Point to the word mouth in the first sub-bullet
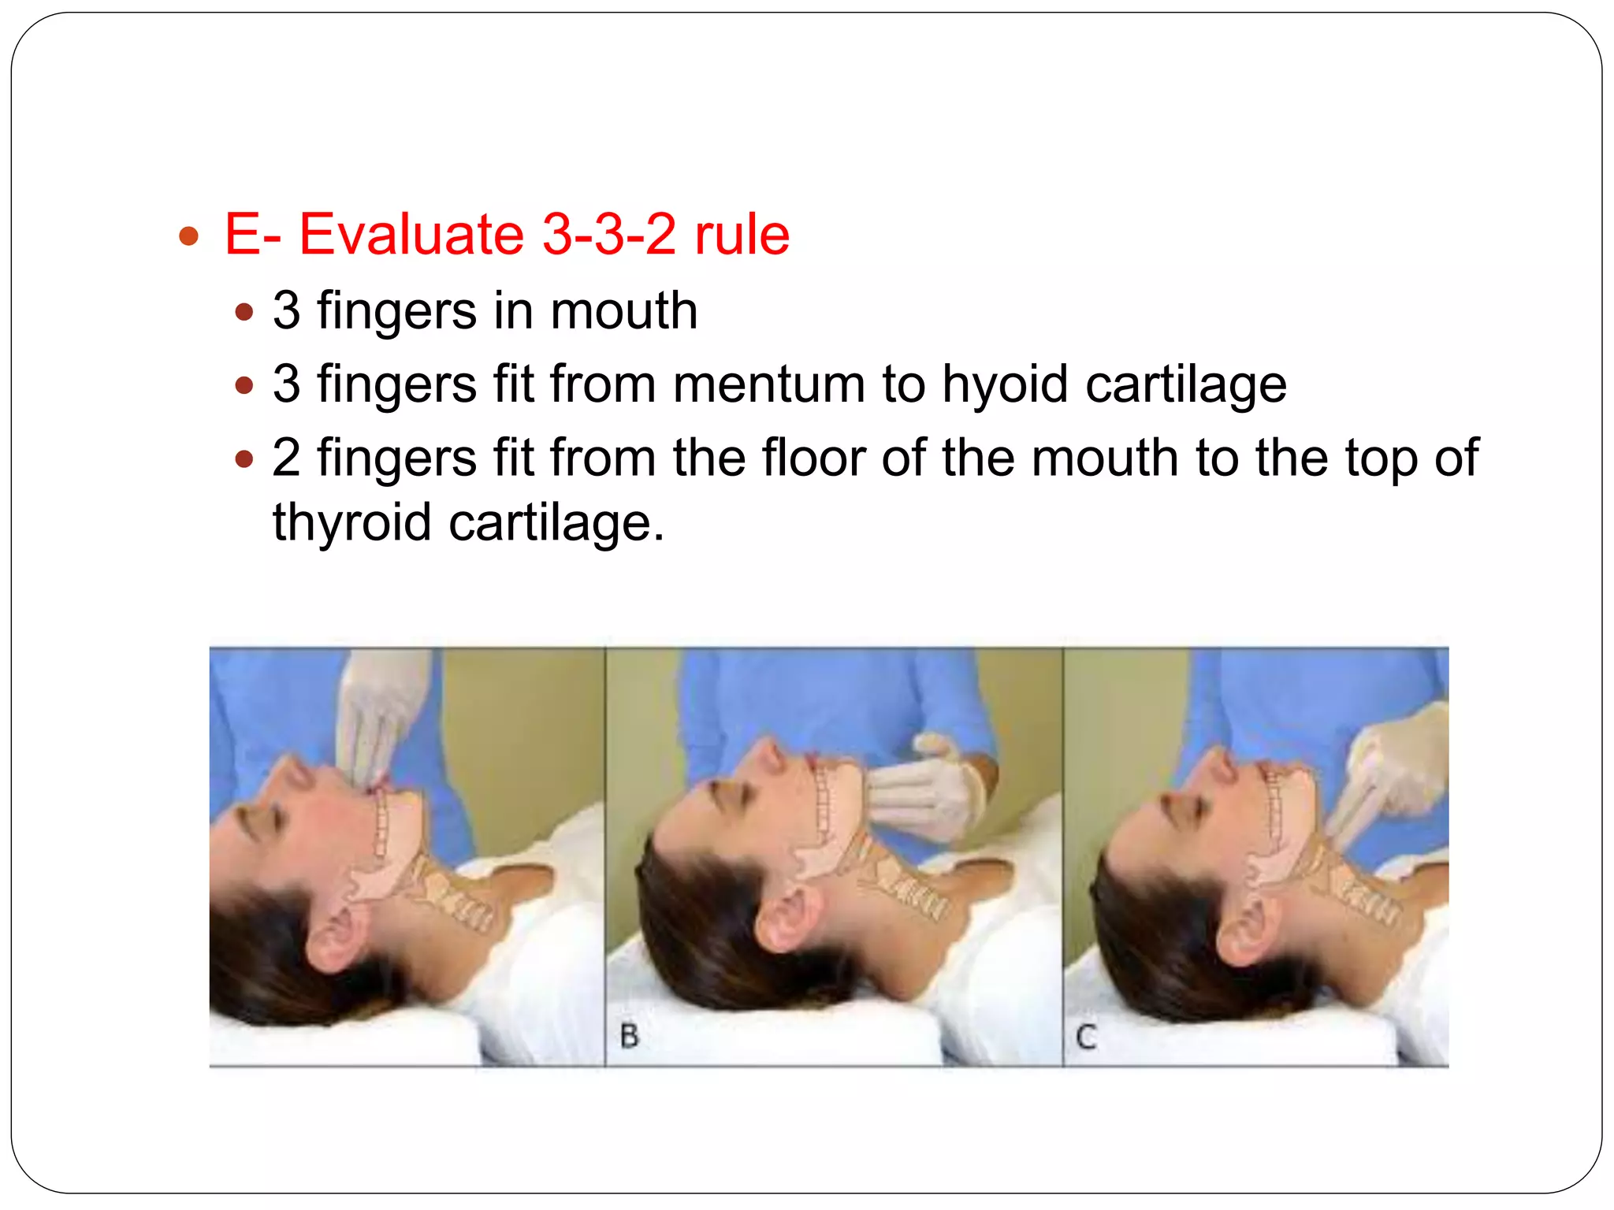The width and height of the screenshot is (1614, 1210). [x=623, y=310]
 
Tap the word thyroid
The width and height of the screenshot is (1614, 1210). [x=351, y=522]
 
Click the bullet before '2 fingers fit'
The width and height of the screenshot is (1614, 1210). [x=244, y=458]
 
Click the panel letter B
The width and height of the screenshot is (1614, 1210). [x=630, y=1035]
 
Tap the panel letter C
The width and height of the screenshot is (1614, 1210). [x=1086, y=1037]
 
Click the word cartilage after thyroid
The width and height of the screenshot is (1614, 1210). [x=556, y=522]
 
